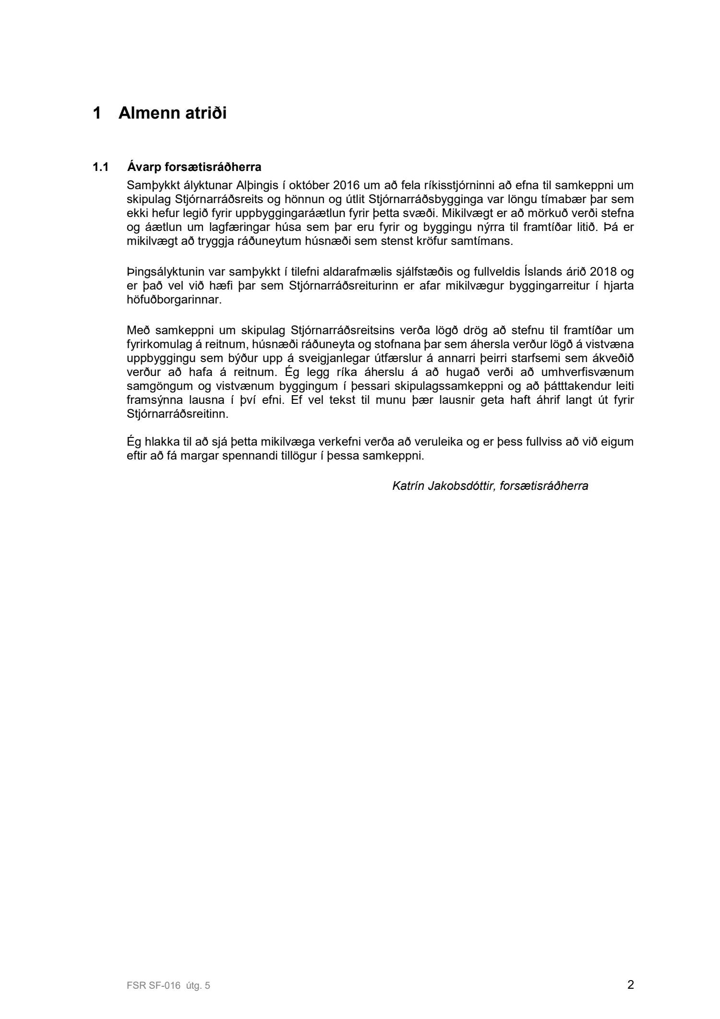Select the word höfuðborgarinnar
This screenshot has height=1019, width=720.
click(174, 300)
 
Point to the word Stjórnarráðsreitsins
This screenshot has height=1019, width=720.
click(339, 330)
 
